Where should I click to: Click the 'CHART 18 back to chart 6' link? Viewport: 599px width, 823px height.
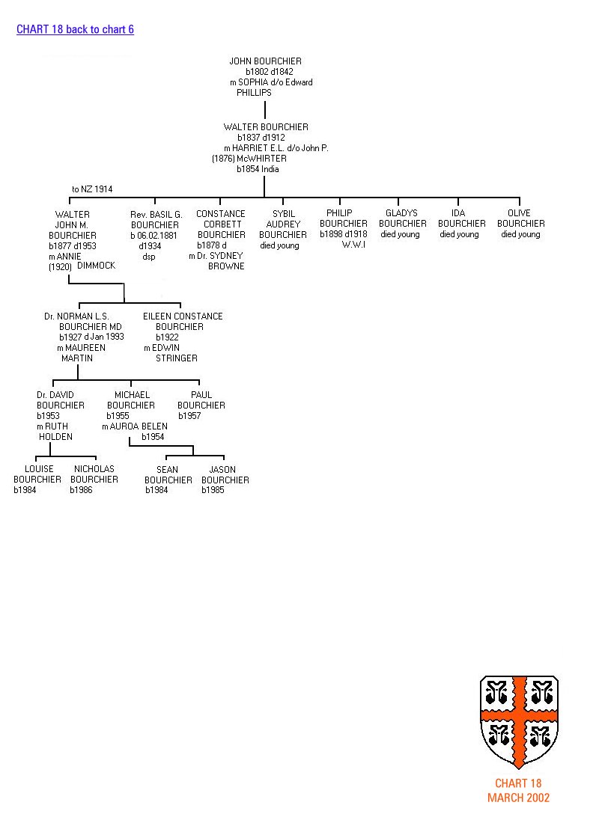tap(75, 30)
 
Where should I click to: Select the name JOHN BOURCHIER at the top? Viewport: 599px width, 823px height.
tap(266, 61)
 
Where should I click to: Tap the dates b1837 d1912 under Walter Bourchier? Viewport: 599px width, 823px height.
tap(261, 138)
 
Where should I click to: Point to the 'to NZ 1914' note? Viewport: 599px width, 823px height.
tap(92, 189)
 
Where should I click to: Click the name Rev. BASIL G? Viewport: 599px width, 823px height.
tap(156, 214)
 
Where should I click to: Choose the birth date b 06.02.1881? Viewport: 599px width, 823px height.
tap(154, 235)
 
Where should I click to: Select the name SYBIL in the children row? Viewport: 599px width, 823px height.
tap(283, 214)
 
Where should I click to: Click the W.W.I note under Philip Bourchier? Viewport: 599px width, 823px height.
tap(353, 245)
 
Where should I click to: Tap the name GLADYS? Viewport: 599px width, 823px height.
tap(401, 213)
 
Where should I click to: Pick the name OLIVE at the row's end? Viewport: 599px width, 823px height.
tap(519, 213)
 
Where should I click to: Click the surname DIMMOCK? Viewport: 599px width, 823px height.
tap(97, 266)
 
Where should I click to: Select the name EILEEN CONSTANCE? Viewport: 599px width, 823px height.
tap(183, 316)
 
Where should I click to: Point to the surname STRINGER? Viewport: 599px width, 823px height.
tap(177, 358)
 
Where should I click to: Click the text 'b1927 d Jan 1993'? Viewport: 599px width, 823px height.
tap(91, 337)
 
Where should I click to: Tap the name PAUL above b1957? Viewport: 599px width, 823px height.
tap(201, 395)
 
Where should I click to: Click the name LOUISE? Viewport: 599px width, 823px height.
tap(39, 469)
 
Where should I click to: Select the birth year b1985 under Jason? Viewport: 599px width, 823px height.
tap(213, 490)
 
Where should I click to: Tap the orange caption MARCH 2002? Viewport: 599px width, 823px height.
tap(518, 798)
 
